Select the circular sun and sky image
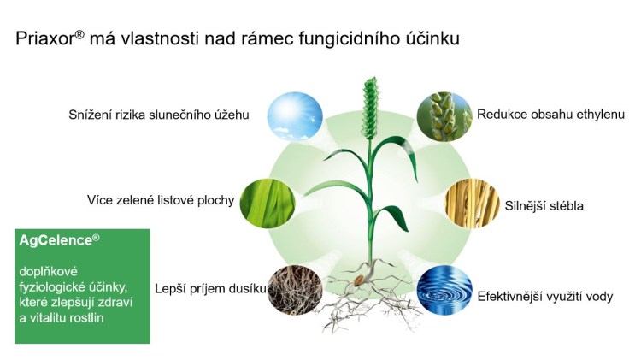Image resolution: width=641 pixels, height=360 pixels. (295, 116)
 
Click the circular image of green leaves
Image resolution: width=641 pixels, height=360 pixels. (268, 204)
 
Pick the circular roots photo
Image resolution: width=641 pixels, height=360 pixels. (295, 290)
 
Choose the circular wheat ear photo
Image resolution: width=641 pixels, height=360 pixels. (444, 116)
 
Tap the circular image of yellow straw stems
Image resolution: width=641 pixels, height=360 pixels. (472, 204)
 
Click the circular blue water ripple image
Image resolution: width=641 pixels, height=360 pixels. (444, 290)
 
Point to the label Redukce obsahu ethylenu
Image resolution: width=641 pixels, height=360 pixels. (550, 115)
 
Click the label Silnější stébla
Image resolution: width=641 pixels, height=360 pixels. (544, 205)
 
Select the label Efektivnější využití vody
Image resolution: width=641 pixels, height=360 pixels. (545, 296)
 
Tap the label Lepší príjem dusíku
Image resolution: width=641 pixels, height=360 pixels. (210, 289)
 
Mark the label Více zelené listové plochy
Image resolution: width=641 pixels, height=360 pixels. (161, 200)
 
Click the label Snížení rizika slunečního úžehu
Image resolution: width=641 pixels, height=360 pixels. (159, 115)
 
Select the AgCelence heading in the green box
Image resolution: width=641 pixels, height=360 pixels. (59, 240)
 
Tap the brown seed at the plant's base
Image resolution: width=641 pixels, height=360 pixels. (360, 280)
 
